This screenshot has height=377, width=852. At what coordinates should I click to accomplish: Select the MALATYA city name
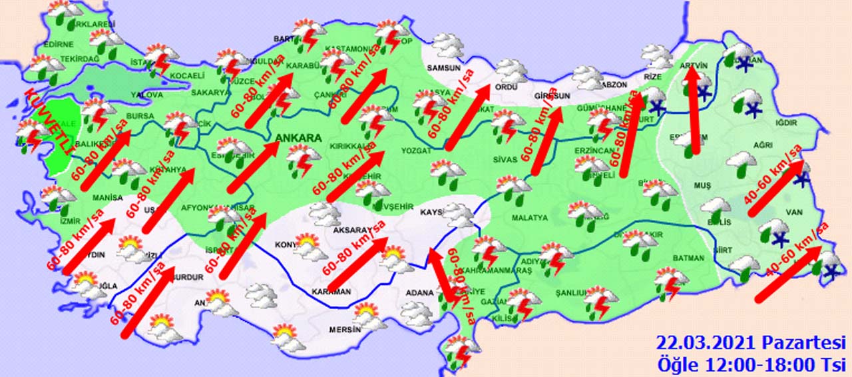point(529,218)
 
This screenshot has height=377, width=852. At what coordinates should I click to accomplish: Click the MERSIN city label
point(344,330)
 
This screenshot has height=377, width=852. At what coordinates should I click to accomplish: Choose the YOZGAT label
point(416,151)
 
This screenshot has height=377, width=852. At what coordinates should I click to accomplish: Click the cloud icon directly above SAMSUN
point(448,46)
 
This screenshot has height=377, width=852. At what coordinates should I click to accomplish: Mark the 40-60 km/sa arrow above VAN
point(776,189)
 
